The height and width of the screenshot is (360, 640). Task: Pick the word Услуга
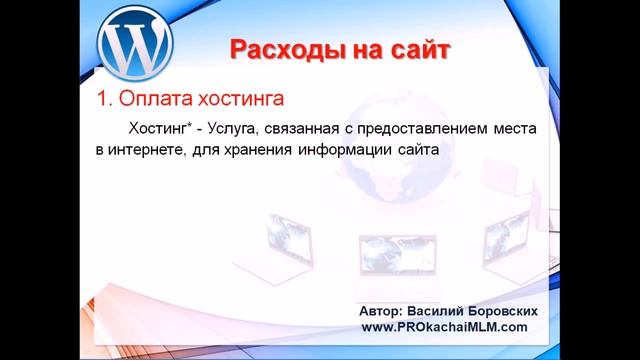[237, 130]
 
